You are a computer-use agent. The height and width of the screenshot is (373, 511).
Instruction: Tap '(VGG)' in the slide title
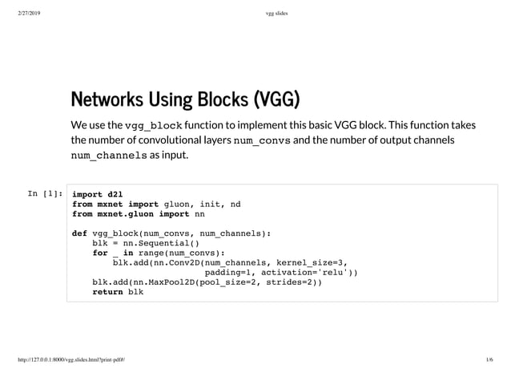(276, 100)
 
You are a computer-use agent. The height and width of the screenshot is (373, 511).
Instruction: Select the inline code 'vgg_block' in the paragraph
(154, 126)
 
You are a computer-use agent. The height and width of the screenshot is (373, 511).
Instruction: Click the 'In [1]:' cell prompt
(45, 193)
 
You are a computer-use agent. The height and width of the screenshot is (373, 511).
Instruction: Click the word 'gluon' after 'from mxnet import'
(179, 204)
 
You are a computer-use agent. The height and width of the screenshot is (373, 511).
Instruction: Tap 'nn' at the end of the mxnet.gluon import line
(199, 214)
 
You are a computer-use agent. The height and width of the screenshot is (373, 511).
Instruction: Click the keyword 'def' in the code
(79, 233)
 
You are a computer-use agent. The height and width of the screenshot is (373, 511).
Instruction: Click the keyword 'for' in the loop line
(99, 253)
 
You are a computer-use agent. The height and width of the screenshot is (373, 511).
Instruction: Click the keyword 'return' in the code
(107, 292)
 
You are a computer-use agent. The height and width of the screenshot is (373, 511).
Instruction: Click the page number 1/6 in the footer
(488, 361)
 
